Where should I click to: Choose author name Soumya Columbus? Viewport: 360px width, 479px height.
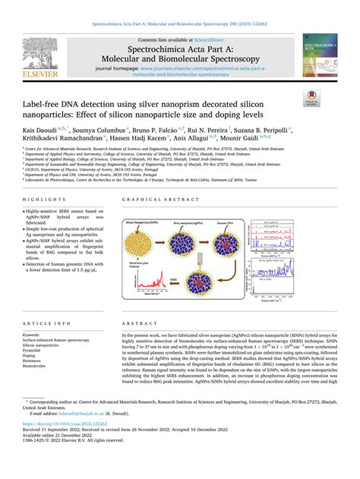pyautogui.click(x=98, y=130)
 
